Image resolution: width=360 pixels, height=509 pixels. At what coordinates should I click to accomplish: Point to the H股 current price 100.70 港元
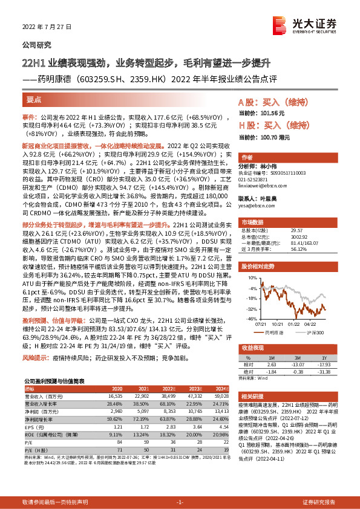(257, 140)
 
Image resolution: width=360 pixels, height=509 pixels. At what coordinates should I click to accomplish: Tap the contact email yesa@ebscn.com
(254, 205)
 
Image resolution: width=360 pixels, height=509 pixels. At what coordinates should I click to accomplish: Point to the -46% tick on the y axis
(249, 317)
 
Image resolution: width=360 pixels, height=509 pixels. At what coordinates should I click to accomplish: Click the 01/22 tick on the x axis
(293, 322)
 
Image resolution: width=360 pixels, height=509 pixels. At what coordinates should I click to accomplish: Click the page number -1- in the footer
(180, 502)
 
